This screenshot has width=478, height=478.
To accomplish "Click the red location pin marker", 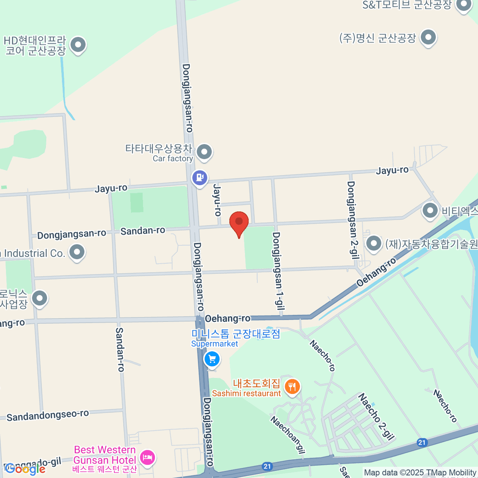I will (239, 222).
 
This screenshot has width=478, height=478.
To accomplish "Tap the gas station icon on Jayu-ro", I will (200, 177).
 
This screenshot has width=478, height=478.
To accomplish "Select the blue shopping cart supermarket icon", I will (212, 359).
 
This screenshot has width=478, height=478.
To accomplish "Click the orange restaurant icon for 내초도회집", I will (292, 386).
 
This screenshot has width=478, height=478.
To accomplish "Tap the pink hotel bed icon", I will (147, 456).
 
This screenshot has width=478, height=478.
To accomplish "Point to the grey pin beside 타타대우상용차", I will (204, 152).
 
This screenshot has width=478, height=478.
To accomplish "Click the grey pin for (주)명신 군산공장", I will (428, 38).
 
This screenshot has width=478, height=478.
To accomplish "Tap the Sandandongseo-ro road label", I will (48, 415).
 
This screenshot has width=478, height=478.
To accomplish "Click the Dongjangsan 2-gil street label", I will (351, 219).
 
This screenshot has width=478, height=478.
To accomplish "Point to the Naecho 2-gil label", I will (376, 416).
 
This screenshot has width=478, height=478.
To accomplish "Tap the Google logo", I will (25, 469).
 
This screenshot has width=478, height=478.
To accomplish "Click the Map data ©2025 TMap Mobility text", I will (420, 473).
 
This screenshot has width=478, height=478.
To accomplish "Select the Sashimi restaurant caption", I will (246, 394).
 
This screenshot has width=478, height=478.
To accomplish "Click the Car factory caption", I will (173, 159).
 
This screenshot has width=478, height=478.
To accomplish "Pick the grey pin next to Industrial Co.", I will (77, 252).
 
